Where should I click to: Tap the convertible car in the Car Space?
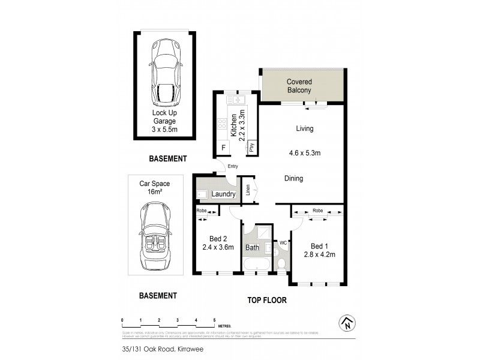155,236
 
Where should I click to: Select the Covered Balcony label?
298,86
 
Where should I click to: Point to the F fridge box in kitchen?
224,146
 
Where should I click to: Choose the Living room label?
304,128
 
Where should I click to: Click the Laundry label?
223,194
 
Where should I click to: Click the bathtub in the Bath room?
256,265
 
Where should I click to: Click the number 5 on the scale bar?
214,320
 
